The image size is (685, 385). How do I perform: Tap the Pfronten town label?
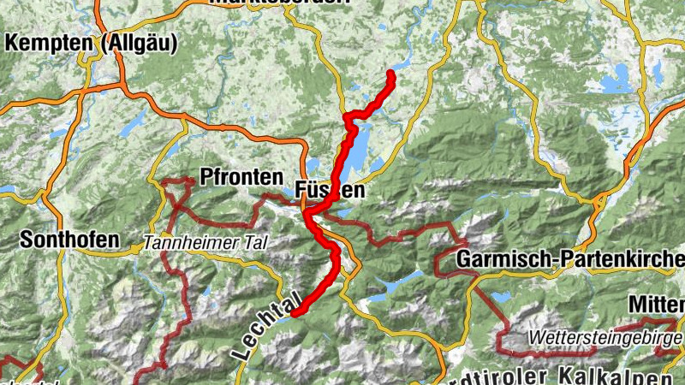pyautogui.click(x=241, y=177)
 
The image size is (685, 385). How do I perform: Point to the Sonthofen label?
pyautogui.click(x=69, y=240)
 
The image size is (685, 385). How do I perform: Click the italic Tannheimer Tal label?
pyautogui.click(x=205, y=243)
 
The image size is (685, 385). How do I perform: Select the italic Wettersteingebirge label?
pyautogui.click(x=605, y=336)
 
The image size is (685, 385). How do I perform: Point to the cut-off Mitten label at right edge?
pyautogui.click(x=656, y=304)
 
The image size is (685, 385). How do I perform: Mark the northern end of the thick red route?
pyautogui.click(x=391, y=74)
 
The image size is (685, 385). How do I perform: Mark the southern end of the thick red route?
pyautogui.click(x=294, y=314)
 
